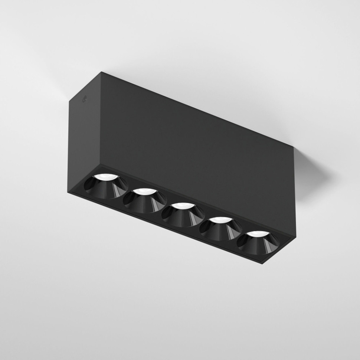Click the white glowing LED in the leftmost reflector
coord(105,177)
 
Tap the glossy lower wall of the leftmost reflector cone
coord(106,190)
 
